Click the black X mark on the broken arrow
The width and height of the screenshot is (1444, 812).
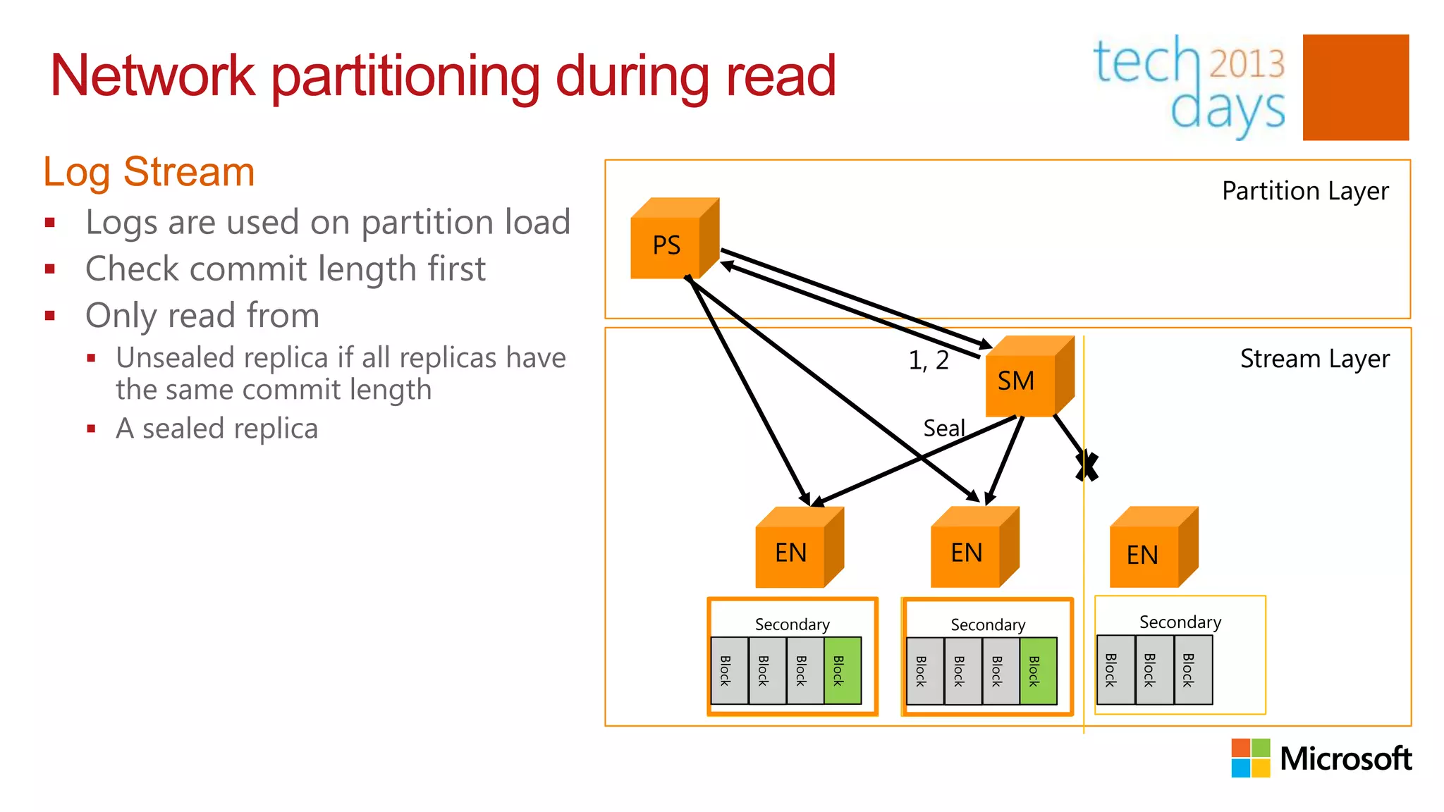pyautogui.click(x=1087, y=467)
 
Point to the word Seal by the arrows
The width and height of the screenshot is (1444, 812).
pyautogui.click(x=943, y=428)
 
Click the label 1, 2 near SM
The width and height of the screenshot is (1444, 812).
pyautogui.click(x=928, y=361)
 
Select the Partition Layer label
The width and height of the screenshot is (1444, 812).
pyautogui.click(x=1304, y=191)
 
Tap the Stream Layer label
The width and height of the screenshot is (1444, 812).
pyautogui.click(x=1314, y=359)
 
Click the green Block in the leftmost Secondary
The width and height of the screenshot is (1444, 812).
pyautogui.click(x=842, y=670)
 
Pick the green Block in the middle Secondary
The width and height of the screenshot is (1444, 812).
pyautogui.click(x=1037, y=671)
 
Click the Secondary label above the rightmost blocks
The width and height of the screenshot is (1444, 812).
pyautogui.click(x=1180, y=622)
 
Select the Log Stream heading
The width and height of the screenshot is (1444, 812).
pyautogui.click(x=149, y=172)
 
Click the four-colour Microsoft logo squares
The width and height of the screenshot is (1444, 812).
pyautogui.click(x=1250, y=758)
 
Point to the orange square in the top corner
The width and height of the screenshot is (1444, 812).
pyautogui.click(x=1355, y=87)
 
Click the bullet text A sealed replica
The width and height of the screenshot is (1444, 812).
pyautogui.click(x=216, y=429)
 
